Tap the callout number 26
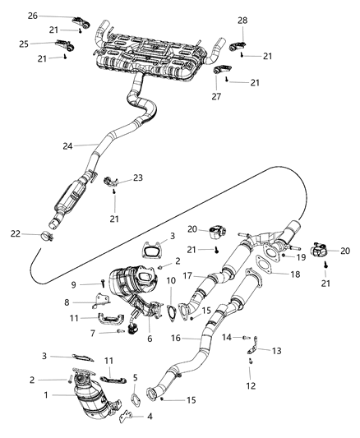click(x=32, y=16)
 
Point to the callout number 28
click(x=242, y=19)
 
